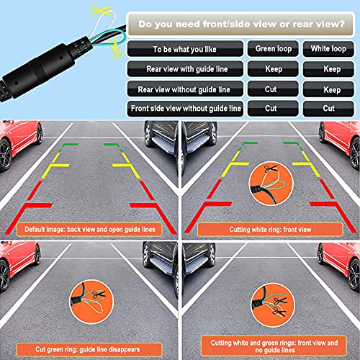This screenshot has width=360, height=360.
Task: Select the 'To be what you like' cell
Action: click(184, 49)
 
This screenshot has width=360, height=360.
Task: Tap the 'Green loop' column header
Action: click(272, 49)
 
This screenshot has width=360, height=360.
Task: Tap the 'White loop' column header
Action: click(328, 49)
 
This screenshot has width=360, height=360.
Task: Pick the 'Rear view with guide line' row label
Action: click(184, 70)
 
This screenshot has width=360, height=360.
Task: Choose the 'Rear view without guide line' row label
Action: click(184, 89)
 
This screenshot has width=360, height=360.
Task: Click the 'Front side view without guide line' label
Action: click(184, 109)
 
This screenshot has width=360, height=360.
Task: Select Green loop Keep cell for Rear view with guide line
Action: click(272, 70)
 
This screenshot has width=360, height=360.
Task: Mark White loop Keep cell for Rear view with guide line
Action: click(328, 70)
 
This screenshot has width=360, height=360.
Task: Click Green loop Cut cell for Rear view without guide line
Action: click(272, 89)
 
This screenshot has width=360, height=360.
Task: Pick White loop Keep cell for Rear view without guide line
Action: click(328, 89)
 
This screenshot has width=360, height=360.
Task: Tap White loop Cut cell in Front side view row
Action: click(328, 109)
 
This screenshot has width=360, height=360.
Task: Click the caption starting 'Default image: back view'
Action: click(89, 229)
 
